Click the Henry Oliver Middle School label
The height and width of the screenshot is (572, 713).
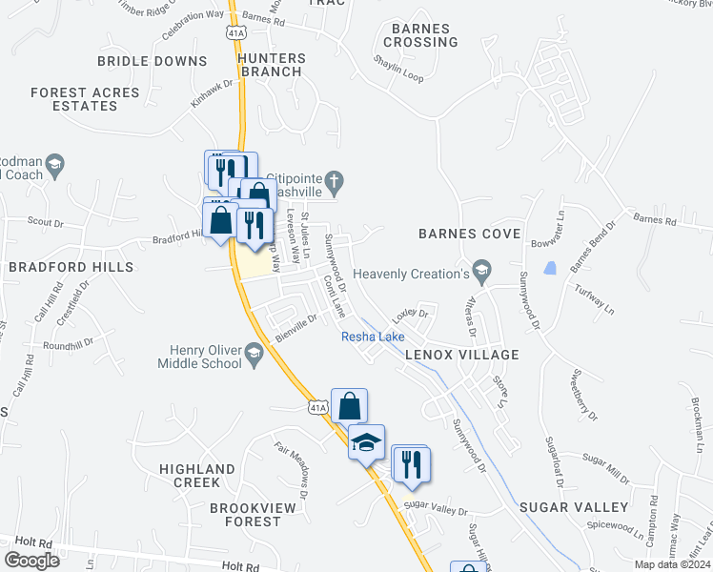(x=201, y=357)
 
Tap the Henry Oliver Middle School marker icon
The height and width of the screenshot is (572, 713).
(x=254, y=356)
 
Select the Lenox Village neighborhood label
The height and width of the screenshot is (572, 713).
(x=461, y=355)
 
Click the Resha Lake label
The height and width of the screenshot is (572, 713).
(x=374, y=337)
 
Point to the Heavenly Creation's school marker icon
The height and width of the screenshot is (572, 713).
(x=482, y=274)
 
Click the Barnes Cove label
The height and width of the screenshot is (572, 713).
(x=470, y=234)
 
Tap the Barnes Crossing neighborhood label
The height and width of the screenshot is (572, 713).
(x=419, y=35)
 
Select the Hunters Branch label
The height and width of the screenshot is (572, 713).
(x=272, y=65)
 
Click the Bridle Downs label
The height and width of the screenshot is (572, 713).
(x=153, y=61)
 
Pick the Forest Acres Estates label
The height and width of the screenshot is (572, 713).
(x=85, y=99)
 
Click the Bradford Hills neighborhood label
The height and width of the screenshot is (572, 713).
(x=71, y=267)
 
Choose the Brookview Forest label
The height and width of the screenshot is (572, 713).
(x=246, y=515)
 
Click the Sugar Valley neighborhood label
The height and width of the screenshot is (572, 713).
(x=574, y=507)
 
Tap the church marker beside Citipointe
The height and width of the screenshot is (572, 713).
(x=334, y=179)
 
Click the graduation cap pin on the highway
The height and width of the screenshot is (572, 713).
(x=366, y=442)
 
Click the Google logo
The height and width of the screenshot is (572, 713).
(x=32, y=560)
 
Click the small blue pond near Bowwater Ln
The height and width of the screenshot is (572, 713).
(x=549, y=268)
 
